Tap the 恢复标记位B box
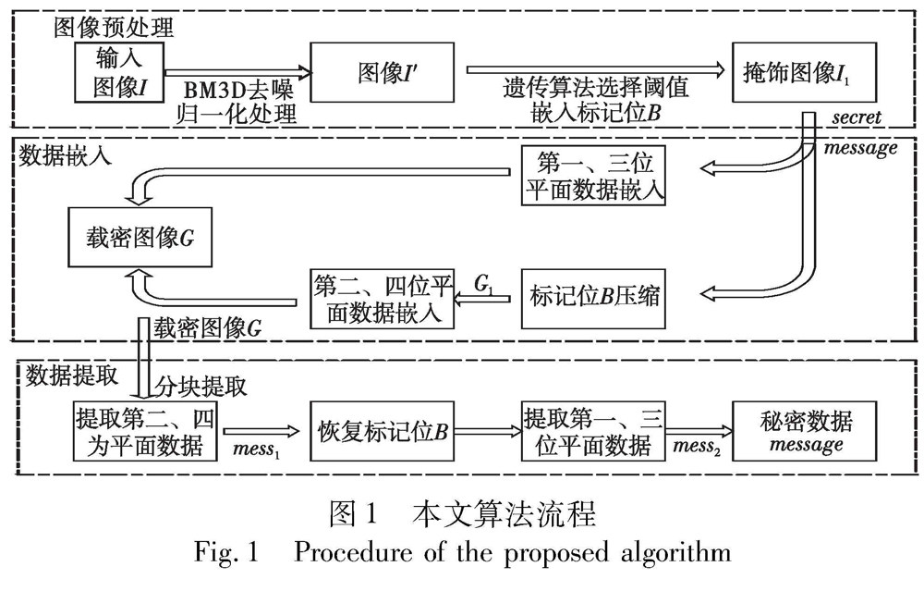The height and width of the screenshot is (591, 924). pyautogui.click(x=383, y=430)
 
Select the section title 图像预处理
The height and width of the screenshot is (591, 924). pyautogui.click(x=97, y=27)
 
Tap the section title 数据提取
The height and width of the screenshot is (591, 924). pyautogui.click(x=71, y=373)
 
